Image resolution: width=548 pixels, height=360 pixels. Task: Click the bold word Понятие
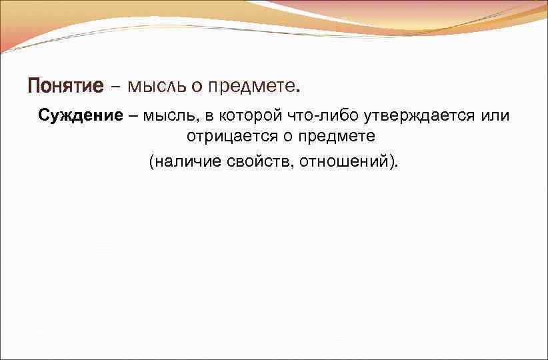(x=66, y=87)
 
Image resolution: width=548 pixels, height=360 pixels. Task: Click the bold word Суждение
(x=81, y=115)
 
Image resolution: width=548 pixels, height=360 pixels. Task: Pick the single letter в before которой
(x=210, y=116)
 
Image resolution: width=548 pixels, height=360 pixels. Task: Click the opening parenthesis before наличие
(x=151, y=161)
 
